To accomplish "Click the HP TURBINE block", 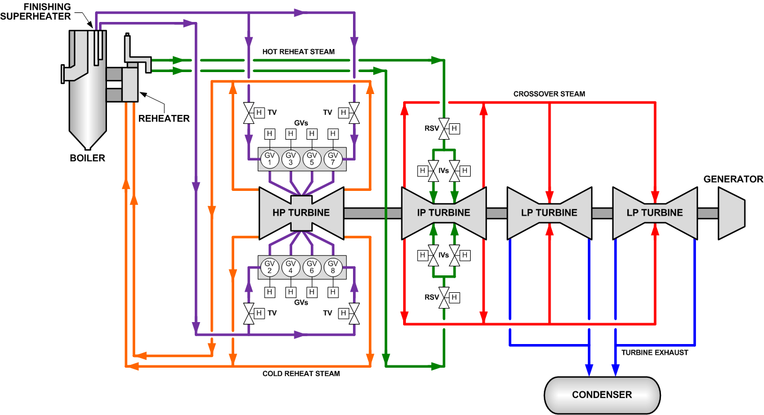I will coord(301,213).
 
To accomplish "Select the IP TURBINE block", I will coord(444,213).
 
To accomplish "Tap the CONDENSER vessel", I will coord(602,394).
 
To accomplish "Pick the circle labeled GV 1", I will coord(270,159).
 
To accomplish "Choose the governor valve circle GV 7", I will coord(333,159).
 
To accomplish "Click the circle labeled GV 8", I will coord(333,267).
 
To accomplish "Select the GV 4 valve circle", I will coord(291,267).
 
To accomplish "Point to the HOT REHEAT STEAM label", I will coord(298,52).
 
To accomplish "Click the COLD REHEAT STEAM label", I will coord(301,374).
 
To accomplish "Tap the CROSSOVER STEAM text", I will coord(549,94).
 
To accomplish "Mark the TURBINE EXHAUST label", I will coord(654,353).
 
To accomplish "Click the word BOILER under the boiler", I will coord(87,158).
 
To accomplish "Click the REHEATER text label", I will coord(164,119).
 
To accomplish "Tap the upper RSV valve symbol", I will coord(444,128).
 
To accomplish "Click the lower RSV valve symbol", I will coord(444,297).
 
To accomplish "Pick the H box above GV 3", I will coord(291,134).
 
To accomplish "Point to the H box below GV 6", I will coord(312,292).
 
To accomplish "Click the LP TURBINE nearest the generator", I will coord(655,213).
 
